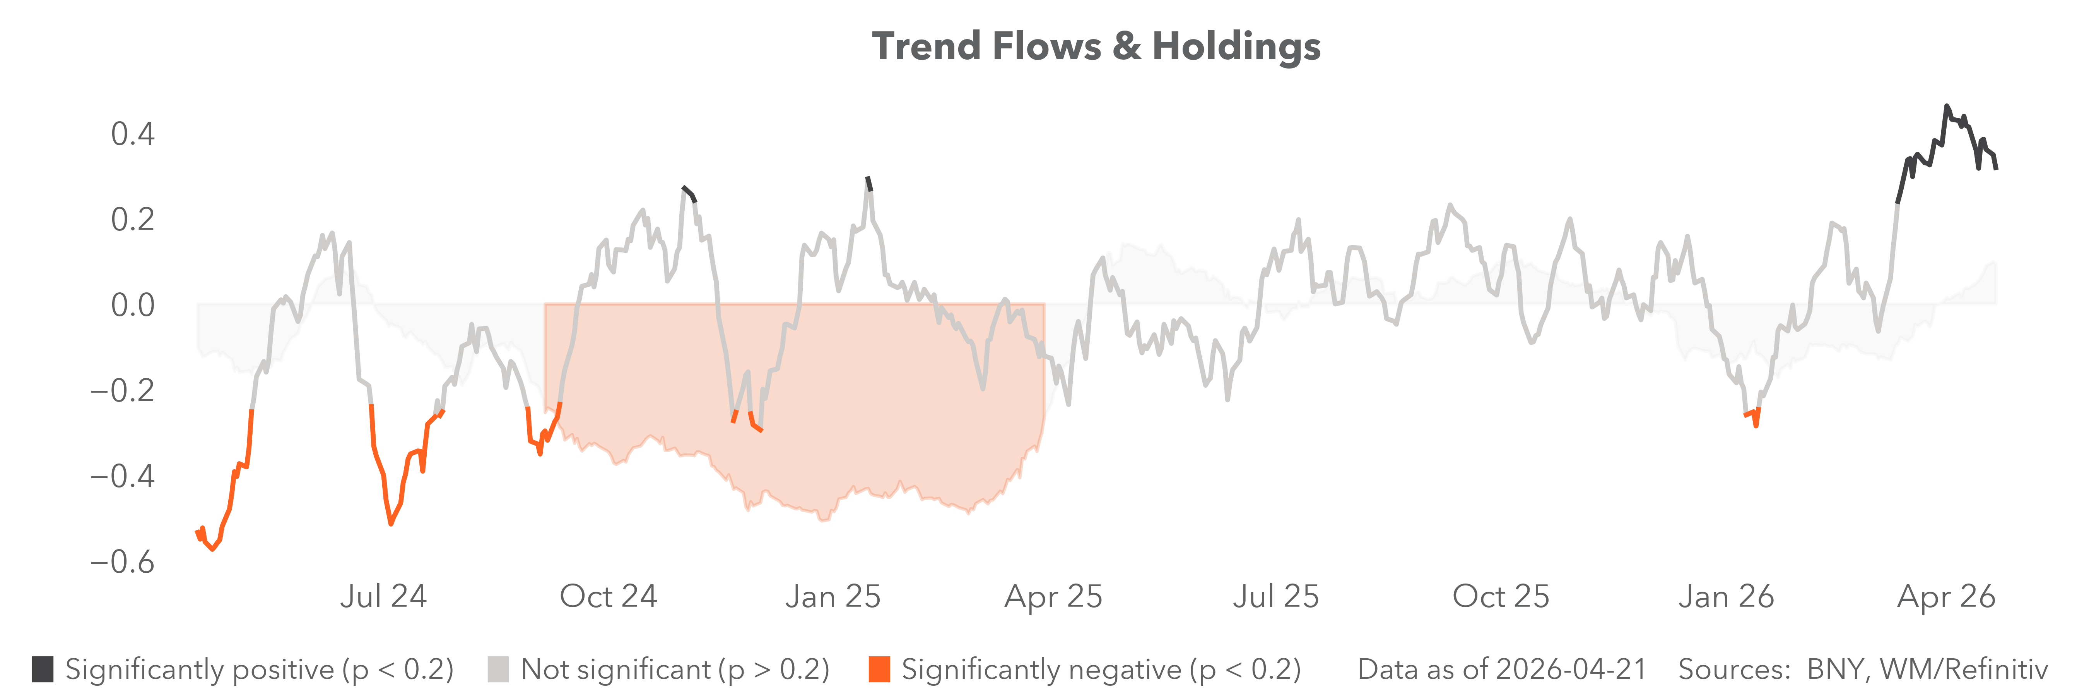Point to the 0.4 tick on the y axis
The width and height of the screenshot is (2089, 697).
[133, 134]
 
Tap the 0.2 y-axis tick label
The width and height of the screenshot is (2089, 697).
[133, 219]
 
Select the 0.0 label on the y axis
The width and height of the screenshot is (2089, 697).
[133, 305]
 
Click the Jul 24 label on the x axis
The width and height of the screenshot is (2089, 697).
[383, 596]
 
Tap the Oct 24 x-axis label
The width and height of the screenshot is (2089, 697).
[608, 596]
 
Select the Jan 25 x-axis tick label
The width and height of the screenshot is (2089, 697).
[833, 596]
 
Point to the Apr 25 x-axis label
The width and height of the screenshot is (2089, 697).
[1053, 596]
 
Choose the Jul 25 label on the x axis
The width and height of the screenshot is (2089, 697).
[1275, 596]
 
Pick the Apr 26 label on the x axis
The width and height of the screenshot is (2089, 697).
[1946, 596]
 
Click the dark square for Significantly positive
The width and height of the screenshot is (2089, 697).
[43, 670]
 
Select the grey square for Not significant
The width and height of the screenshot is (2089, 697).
[498, 670]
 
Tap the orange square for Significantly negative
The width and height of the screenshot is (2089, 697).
[879, 670]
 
